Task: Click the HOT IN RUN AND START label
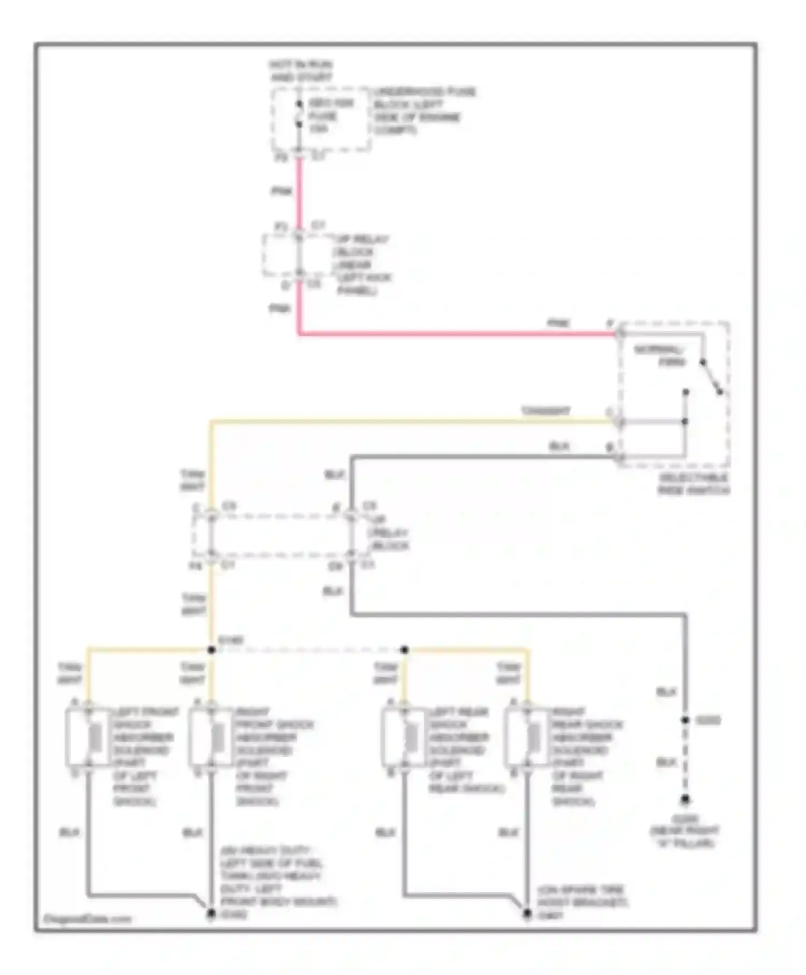tap(301, 71)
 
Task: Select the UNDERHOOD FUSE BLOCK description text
tap(424, 111)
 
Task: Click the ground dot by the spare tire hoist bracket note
tap(527, 913)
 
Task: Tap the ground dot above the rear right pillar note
tap(685, 800)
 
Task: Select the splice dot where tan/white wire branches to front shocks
tap(211, 650)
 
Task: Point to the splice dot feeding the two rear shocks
tap(405, 650)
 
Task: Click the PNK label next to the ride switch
tap(558, 324)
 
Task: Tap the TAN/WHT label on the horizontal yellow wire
tap(545, 411)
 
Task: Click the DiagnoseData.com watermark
tap(87, 919)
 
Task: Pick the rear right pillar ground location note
tap(685, 831)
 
